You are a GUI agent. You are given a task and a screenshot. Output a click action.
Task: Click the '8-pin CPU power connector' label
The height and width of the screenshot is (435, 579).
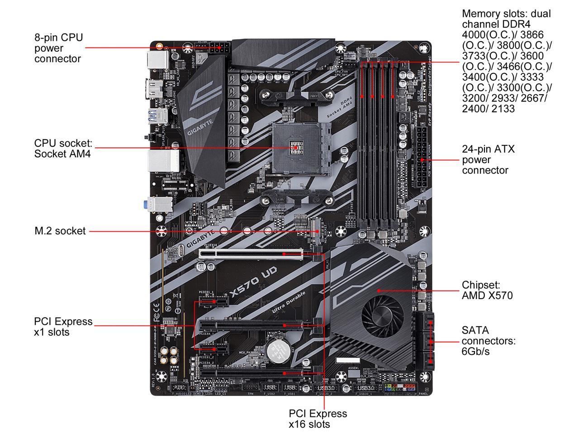pos(59,48)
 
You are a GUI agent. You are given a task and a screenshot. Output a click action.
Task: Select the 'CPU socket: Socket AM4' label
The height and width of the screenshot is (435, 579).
pos(63,149)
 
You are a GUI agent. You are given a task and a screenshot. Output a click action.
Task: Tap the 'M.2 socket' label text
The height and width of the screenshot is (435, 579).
pos(60,231)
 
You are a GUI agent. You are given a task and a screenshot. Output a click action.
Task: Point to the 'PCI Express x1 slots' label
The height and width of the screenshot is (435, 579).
pos(63,326)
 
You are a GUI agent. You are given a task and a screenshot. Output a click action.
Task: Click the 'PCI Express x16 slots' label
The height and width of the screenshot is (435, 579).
pos(318,419)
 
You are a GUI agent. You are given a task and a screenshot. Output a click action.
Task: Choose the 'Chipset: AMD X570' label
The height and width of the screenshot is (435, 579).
pos(487,290)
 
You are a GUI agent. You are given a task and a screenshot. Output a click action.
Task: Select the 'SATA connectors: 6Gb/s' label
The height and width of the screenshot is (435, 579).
pos(489,341)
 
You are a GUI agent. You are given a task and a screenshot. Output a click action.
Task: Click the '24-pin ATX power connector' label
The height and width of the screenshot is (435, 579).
pos(488,159)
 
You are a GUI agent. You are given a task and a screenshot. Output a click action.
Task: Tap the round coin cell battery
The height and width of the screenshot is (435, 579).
pos(277,351)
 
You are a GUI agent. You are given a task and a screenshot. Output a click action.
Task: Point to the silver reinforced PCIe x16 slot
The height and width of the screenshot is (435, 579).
pos(251,254)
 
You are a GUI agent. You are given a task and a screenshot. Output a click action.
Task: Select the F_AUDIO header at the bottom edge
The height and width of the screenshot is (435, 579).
pos(179,388)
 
